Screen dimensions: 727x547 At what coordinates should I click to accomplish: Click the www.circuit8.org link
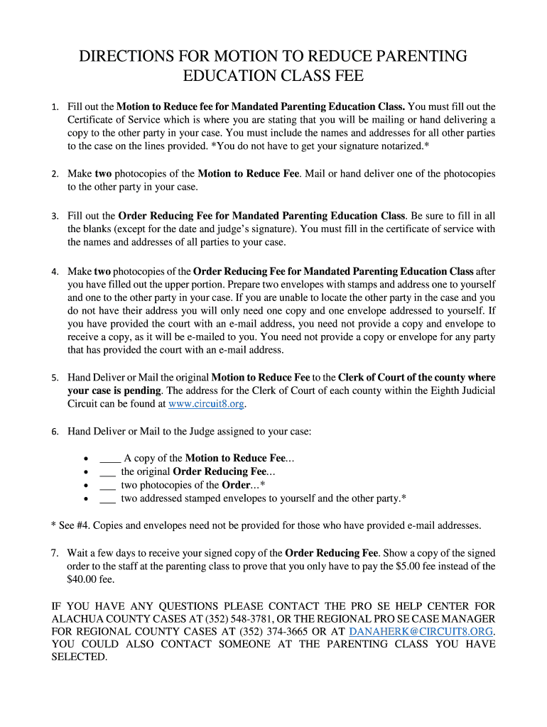click(x=207, y=404)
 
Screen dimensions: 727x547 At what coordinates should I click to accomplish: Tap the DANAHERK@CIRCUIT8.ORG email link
click(x=422, y=631)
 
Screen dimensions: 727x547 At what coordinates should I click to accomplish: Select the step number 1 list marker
click(x=55, y=107)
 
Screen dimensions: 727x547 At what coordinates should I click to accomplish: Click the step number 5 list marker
click(x=55, y=378)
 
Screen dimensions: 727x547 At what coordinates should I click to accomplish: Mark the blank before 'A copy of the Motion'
click(x=110, y=459)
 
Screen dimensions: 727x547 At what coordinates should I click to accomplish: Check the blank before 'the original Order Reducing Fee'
click(x=108, y=471)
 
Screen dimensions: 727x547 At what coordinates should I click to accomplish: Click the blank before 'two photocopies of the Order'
click(x=108, y=485)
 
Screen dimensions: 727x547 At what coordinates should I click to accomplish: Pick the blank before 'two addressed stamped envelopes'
click(x=108, y=498)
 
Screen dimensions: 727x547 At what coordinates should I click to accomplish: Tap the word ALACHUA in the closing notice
click(x=77, y=618)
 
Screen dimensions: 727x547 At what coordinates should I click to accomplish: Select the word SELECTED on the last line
click(x=79, y=657)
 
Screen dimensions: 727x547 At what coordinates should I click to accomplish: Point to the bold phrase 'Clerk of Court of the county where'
click(x=416, y=378)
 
